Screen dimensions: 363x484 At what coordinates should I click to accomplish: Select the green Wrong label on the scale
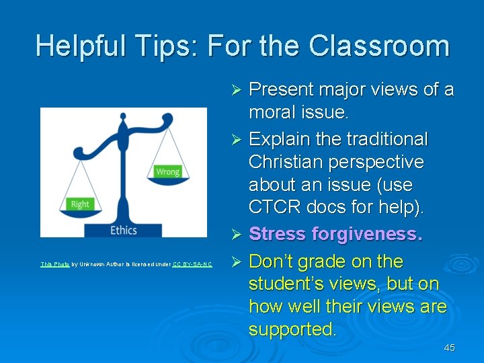(167, 172)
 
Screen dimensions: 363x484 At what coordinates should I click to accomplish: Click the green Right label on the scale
(80, 204)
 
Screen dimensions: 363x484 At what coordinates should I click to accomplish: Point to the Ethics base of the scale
(123, 230)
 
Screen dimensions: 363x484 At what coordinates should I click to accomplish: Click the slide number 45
(449, 348)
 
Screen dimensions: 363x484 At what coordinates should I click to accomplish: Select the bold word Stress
(276, 234)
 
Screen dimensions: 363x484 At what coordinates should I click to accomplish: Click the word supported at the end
(292, 329)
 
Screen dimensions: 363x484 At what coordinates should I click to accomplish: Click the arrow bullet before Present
(236, 89)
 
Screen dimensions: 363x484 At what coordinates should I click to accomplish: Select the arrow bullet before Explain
(236, 140)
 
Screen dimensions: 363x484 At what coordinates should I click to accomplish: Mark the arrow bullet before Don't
(236, 261)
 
